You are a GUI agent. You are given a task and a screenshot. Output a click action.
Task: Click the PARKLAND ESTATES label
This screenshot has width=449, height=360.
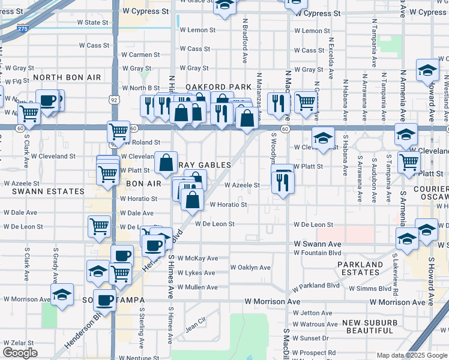point(360,268)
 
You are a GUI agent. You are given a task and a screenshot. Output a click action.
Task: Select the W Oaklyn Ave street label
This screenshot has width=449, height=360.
point(250,268)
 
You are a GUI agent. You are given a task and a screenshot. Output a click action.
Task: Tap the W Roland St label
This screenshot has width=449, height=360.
point(140,143)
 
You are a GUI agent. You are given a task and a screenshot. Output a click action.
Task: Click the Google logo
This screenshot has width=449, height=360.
point(20,353)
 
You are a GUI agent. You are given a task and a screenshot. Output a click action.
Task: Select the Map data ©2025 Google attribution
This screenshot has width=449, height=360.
point(412,355)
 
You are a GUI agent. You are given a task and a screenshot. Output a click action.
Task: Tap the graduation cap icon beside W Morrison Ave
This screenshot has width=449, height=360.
point(62,295)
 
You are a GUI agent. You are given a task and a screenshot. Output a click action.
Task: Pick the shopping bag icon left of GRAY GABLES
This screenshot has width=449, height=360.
point(166,162)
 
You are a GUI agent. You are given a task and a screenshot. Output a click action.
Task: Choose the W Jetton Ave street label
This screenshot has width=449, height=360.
point(312,313)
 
